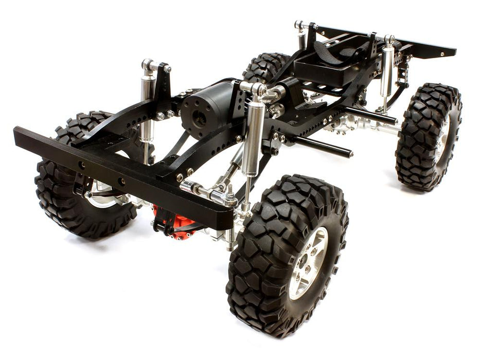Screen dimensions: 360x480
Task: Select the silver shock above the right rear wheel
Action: (387, 72)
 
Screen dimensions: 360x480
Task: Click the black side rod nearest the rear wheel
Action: (370, 115)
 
